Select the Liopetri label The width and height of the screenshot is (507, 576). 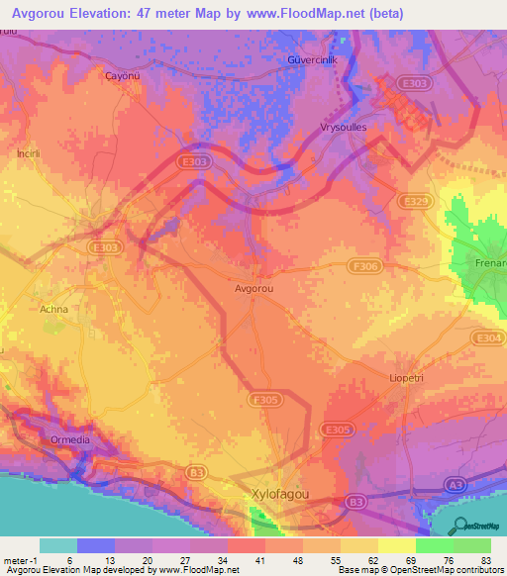coord(407,379)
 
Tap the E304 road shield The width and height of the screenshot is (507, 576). coord(489,338)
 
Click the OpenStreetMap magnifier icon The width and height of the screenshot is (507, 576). coord(456,526)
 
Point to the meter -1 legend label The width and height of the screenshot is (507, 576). coord(19,559)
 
